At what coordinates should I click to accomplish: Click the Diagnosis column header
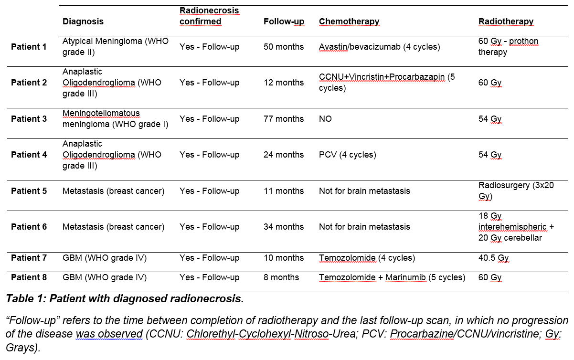(x=83, y=21)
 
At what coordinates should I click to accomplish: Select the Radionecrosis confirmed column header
(x=209, y=16)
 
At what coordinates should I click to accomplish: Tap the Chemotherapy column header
(x=349, y=21)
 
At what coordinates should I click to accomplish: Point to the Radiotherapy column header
(x=506, y=21)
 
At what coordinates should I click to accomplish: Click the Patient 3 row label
(x=29, y=118)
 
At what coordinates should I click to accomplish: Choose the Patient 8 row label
(x=29, y=277)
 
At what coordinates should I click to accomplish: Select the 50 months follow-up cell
(x=284, y=47)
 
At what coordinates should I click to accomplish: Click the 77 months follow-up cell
(x=284, y=118)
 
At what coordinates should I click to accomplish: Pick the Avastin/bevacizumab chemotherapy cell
(x=379, y=47)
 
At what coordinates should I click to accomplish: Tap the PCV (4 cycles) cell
(x=347, y=155)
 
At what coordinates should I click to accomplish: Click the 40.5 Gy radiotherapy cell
(x=493, y=258)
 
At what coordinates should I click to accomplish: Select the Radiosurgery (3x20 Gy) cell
(x=516, y=191)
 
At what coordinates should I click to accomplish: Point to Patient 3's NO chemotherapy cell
(x=325, y=118)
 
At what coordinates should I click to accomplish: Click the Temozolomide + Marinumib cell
(x=392, y=277)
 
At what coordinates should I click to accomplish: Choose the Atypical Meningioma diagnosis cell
(x=115, y=47)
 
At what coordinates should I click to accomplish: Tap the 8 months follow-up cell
(x=281, y=277)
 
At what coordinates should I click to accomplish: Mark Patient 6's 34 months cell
(x=284, y=227)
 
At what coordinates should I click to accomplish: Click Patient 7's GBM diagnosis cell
(x=105, y=258)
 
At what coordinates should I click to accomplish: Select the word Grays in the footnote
(x=22, y=348)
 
